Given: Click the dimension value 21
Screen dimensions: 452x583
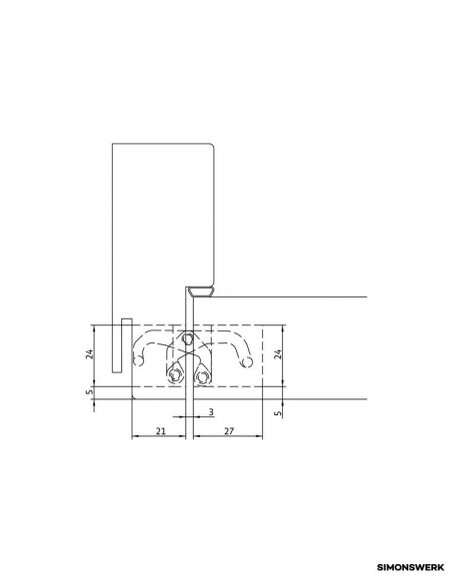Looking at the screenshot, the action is point(160,431).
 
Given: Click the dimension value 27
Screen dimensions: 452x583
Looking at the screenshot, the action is point(229,431).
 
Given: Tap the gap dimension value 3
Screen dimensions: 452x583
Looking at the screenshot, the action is point(211,412).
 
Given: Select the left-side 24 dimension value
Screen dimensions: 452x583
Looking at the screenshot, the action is point(89,353).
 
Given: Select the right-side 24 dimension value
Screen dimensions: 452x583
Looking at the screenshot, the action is point(278,353).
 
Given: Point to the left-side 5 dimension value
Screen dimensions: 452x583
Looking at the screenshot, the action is point(89,392).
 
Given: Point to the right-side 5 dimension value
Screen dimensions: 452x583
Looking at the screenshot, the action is point(278,413).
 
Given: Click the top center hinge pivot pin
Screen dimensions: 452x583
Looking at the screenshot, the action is point(188,338).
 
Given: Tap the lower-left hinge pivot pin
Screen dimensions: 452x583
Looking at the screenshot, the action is point(174,376).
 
